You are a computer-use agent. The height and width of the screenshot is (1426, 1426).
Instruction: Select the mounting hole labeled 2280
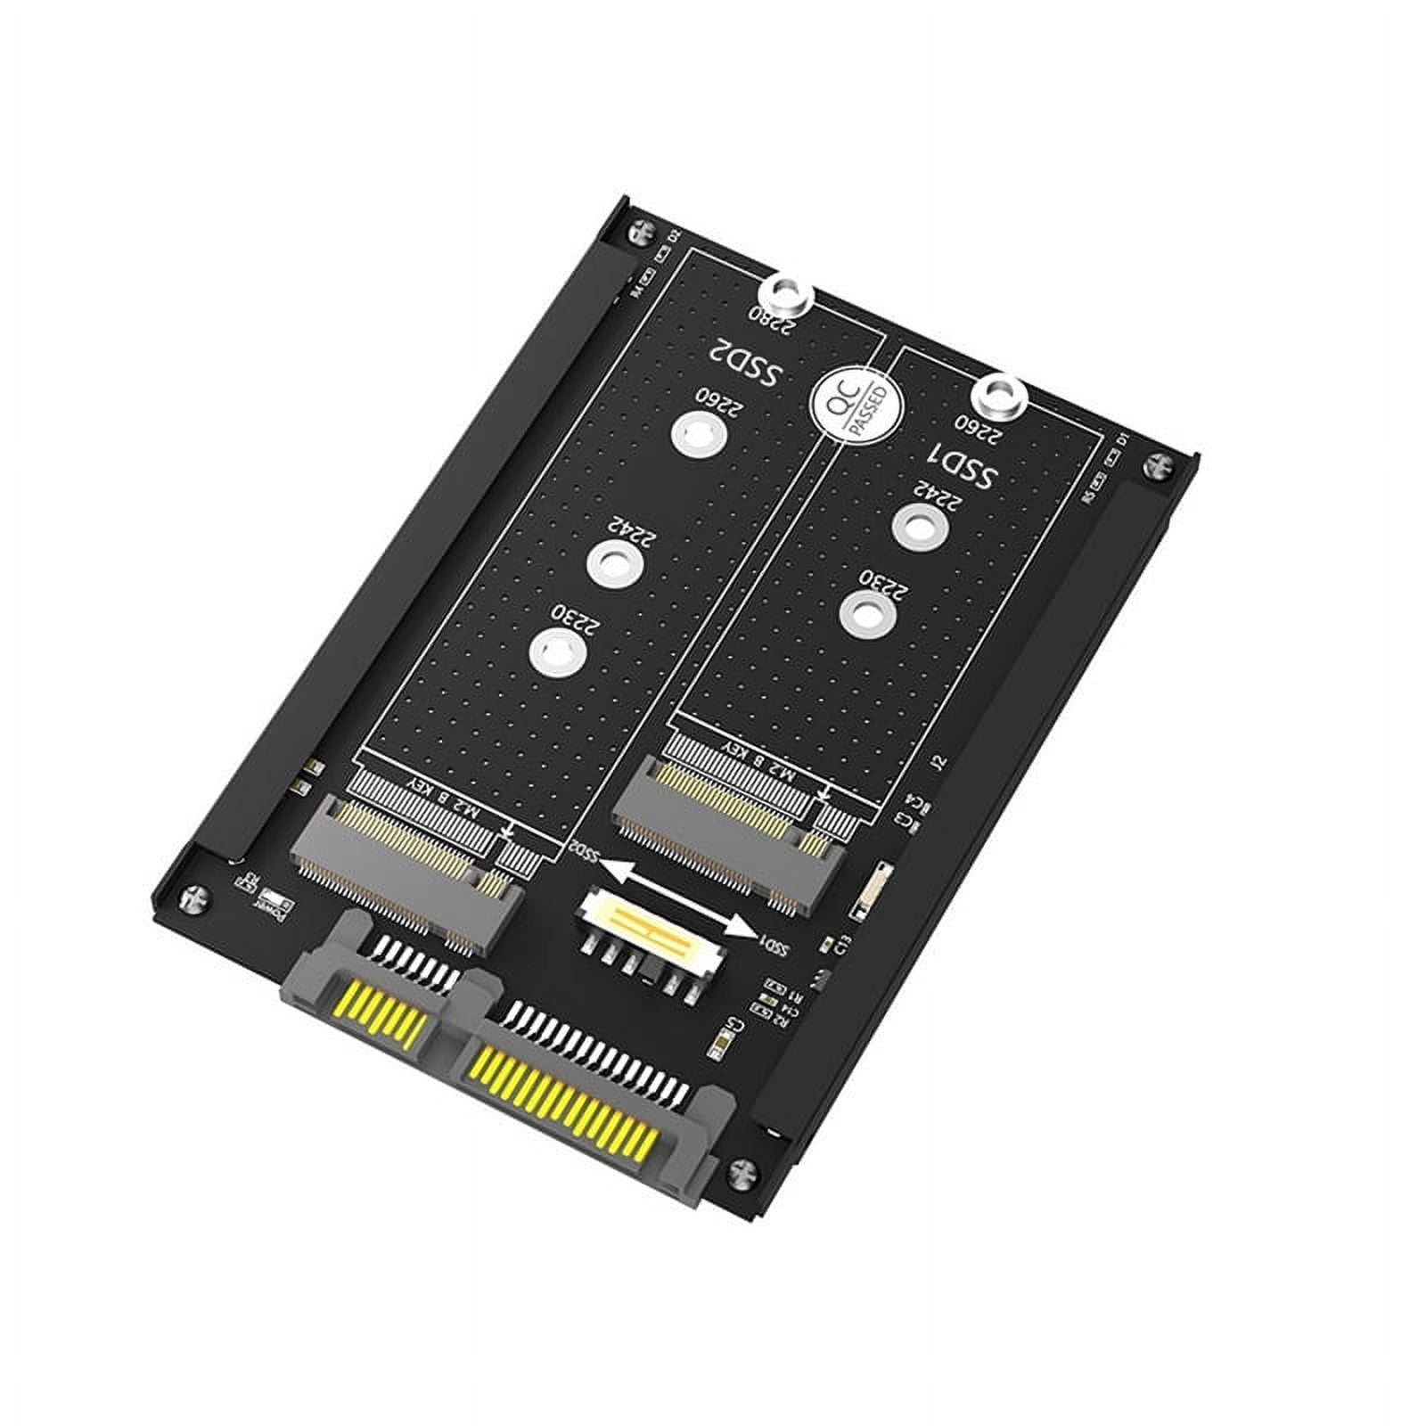point(784,291)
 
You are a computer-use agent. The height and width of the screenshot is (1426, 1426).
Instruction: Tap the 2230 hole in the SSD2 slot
point(553,650)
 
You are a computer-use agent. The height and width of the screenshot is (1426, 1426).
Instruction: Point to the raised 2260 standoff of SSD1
point(1000,392)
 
